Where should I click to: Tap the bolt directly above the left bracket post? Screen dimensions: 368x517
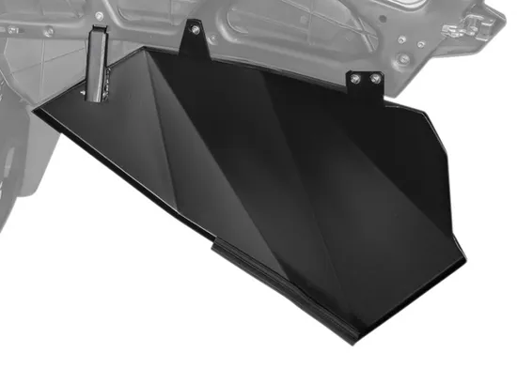(96, 35)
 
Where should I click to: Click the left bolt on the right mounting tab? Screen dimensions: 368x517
(357, 81)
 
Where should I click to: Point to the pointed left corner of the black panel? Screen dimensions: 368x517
(36, 112)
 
